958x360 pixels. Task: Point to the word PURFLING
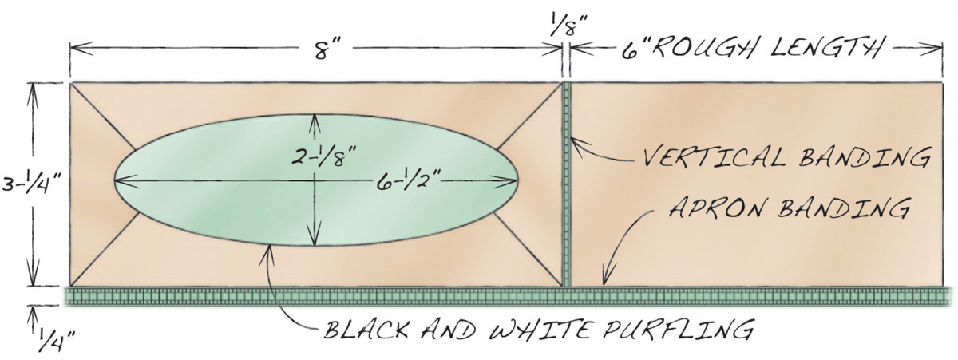(x=677, y=329)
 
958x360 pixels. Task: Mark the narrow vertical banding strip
(x=567, y=184)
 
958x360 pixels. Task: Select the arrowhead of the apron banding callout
(x=608, y=274)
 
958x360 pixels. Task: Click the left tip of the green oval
(x=114, y=180)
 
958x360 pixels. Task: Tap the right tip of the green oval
(x=518, y=181)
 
